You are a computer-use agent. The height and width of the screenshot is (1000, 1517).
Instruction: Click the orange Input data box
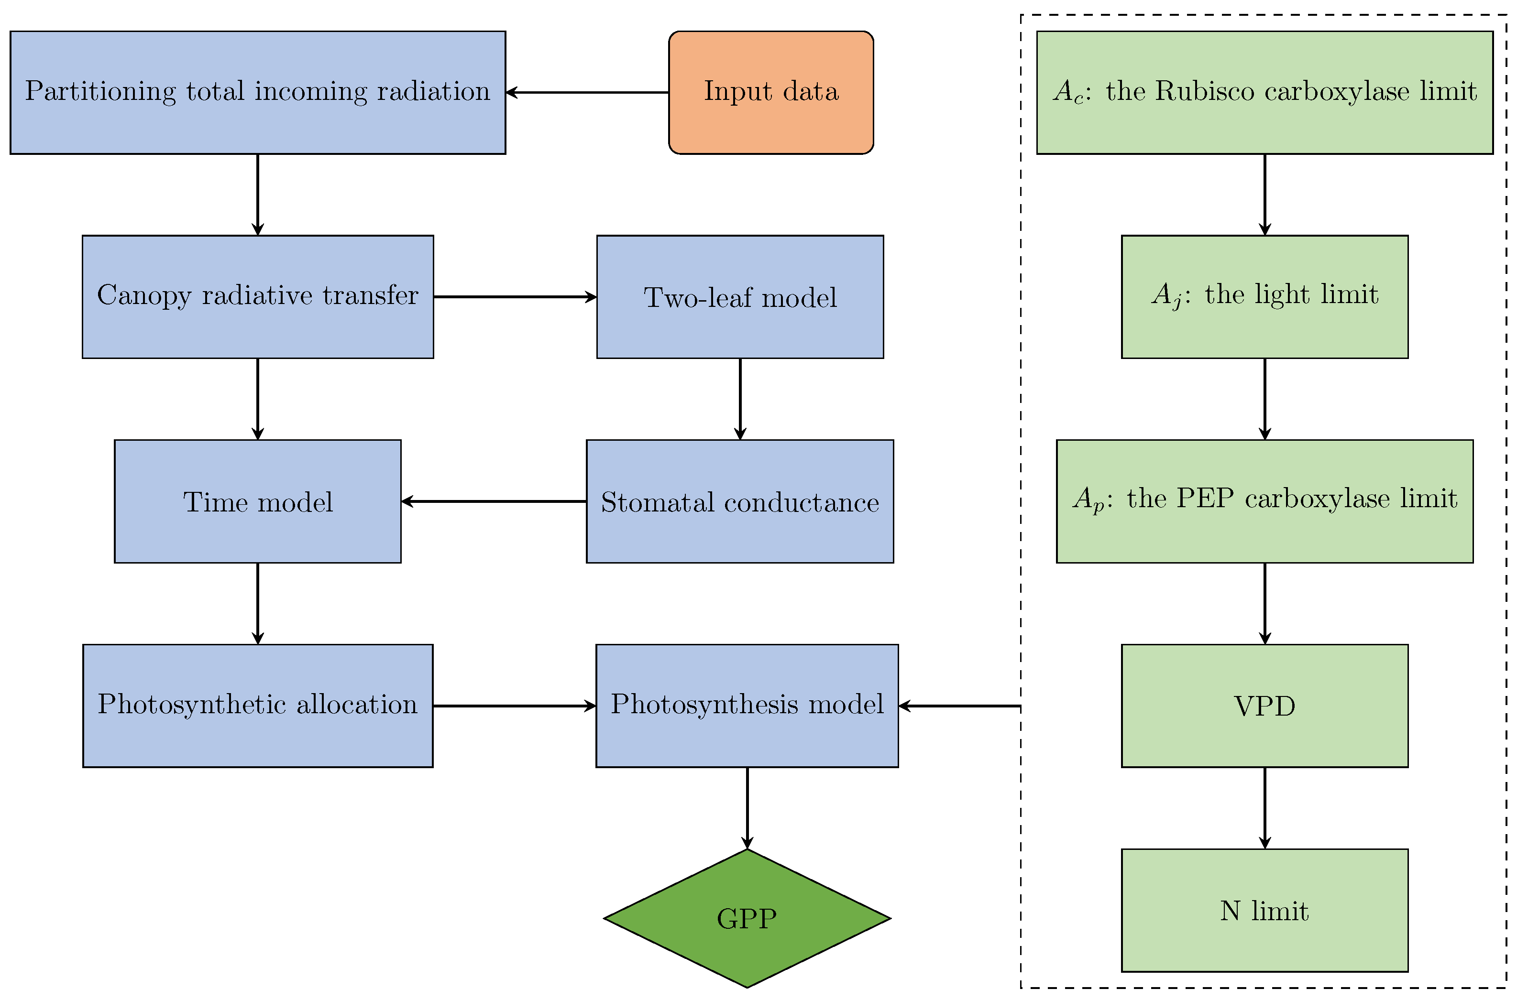770,92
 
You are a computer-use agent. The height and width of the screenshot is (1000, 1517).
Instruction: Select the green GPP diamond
747,918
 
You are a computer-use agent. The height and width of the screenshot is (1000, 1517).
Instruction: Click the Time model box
258,501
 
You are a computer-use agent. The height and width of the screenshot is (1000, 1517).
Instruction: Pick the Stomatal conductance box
740,501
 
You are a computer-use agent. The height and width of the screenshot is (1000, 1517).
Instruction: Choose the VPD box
1264,706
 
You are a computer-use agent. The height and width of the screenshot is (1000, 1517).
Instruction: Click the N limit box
1264,910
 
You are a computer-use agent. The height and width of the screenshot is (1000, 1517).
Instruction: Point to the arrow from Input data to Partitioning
587,92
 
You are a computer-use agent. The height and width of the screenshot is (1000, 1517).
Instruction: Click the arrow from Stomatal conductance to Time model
494,501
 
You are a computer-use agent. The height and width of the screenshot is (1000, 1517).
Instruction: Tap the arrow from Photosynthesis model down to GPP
747,807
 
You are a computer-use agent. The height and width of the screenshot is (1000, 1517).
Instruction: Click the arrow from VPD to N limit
1264,807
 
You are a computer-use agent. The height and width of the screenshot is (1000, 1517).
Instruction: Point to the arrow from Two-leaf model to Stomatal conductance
740,399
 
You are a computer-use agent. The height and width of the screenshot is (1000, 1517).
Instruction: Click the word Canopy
144,296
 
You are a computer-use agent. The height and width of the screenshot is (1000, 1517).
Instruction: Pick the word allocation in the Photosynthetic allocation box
357,704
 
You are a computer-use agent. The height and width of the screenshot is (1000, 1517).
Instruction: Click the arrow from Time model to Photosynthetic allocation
258,603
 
